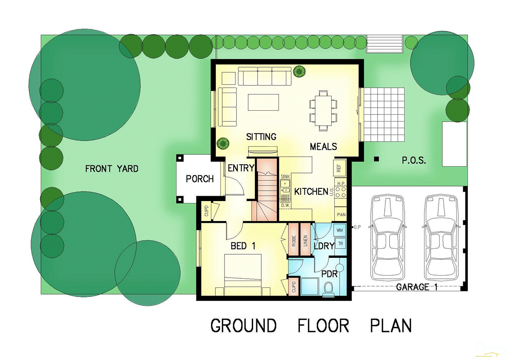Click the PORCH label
pyautogui.click(x=200, y=179)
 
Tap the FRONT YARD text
pyautogui.click(x=112, y=169)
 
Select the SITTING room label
pyautogui.click(x=261, y=137)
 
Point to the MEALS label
pyautogui.click(x=323, y=146)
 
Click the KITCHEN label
pyautogui.click(x=311, y=192)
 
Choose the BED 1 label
pyautogui.click(x=243, y=246)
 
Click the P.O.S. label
pyautogui.click(x=414, y=160)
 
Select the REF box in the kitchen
pyautogui.click(x=339, y=168)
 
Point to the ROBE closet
pyautogui.click(x=294, y=241)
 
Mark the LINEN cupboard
pyautogui.click(x=305, y=241)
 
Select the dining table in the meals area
pyautogui.click(x=323, y=109)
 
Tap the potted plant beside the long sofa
pyautogui.click(x=299, y=71)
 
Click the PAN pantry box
pyautogui.click(x=340, y=214)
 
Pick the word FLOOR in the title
pyautogui.click(x=323, y=326)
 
